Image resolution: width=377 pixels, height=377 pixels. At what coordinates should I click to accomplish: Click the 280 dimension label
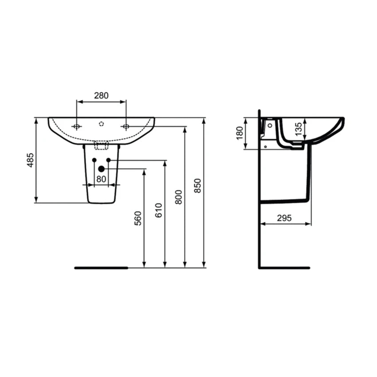pyautogui.click(x=101, y=96)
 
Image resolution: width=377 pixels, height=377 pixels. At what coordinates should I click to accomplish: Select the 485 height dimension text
pyautogui.click(x=31, y=160)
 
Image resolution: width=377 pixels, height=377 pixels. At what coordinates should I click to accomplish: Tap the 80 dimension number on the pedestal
pyautogui.click(x=101, y=179)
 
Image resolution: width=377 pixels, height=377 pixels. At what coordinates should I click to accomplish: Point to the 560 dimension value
pyautogui.click(x=138, y=218)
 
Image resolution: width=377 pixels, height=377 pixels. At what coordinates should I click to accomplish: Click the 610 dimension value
pyautogui.click(x=159, y=210)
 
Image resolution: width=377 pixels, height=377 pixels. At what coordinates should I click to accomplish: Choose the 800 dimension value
pyautogui.click(x=179, y=197)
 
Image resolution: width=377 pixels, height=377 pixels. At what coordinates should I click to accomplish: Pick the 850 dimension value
pyautogui.click(x=197, y=185)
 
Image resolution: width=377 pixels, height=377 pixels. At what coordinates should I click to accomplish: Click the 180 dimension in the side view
pyautogui.click(x=240, y=133)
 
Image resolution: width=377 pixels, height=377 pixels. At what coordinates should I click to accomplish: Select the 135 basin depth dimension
pyautogui.click(x=298, y=130)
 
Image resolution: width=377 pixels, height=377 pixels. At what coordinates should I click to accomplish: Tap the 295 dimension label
pyautogui.click(x=284, y=218)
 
